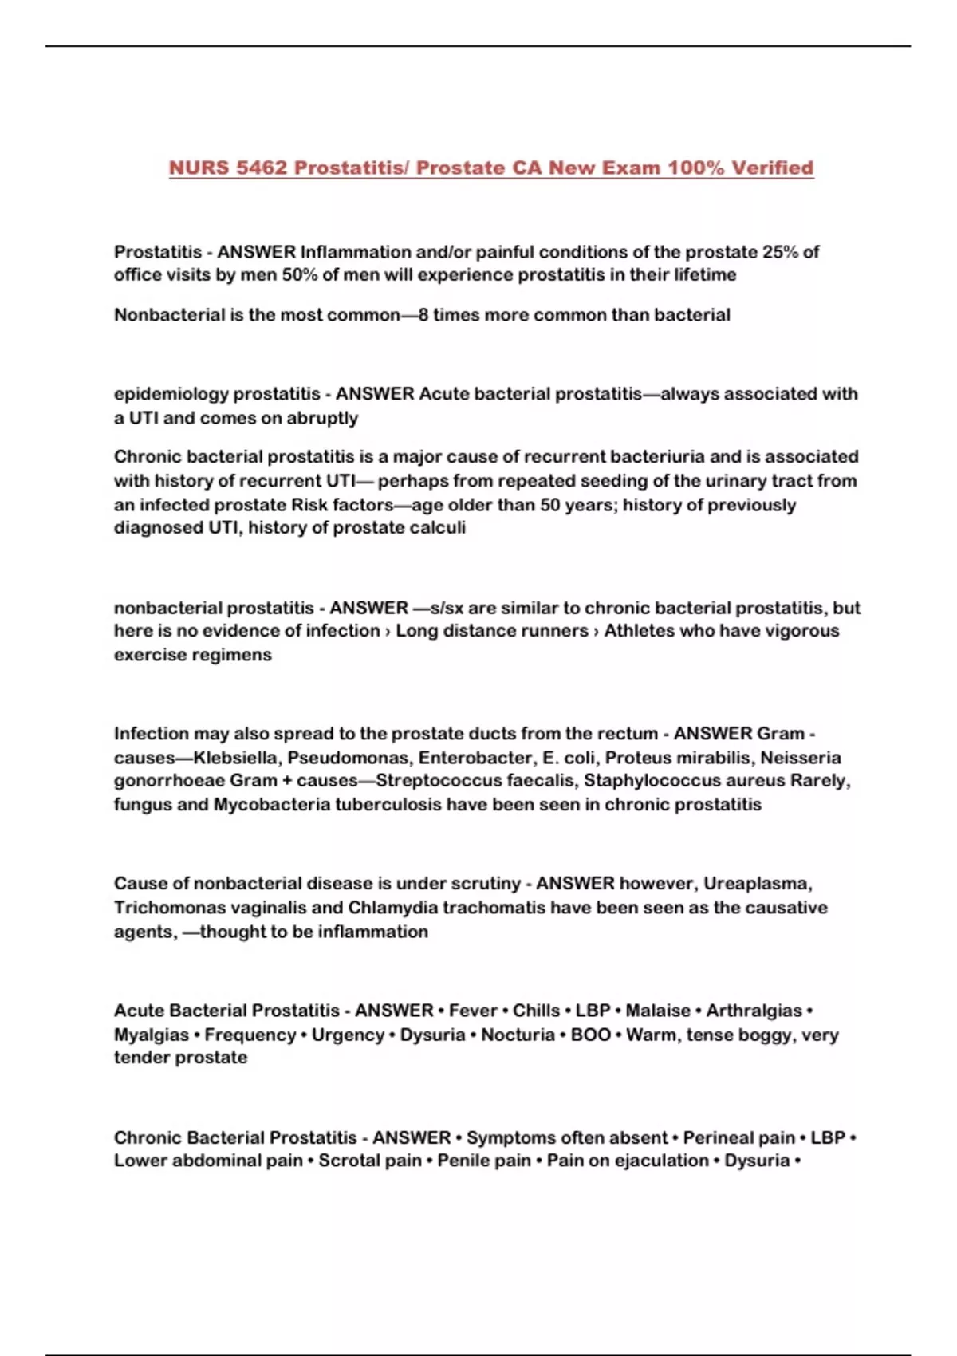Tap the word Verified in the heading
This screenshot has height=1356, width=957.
click(x=773, y=168)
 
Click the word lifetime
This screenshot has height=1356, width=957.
click(x=707, y=275)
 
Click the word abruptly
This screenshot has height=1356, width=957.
click(x=321, y=418)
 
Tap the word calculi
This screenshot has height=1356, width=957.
click(x=438, y=527)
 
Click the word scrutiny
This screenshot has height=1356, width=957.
click(x=486, y=884)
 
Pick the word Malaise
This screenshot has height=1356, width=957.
click(x=658, y=1011)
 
